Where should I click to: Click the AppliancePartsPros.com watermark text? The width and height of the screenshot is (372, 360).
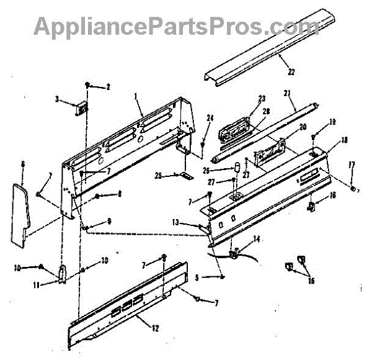(x=176, y=25)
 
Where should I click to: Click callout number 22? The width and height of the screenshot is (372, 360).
(x=291, y=71)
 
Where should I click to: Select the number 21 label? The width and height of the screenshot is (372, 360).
(x=286, y=93)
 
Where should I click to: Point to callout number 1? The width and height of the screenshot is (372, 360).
(x=136, y=96)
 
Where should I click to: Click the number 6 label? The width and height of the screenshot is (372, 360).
(x=22, y=164)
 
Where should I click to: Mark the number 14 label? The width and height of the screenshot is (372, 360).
(x=256, y=239)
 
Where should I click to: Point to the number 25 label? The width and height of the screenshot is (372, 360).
(x=159, y=176)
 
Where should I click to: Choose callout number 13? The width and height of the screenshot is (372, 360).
(x=175, y=222)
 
